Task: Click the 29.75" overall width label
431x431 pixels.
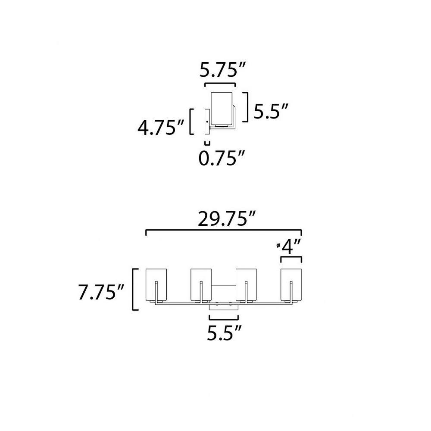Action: pyautogui.click(x=227, y=219)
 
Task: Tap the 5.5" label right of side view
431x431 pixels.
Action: pyautogui.click(x=271, y=111)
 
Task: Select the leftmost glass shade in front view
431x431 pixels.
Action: pyautogui.click(x=156, y=284)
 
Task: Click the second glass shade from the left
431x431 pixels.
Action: pyautogui.click(x=201, y=284)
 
